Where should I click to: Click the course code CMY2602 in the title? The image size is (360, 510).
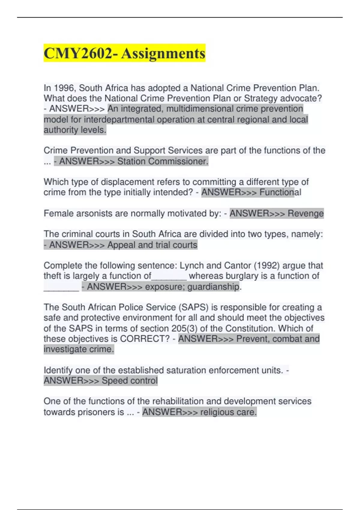(x=79, y=53)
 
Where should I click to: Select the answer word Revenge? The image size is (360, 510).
(x=305, y=213)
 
